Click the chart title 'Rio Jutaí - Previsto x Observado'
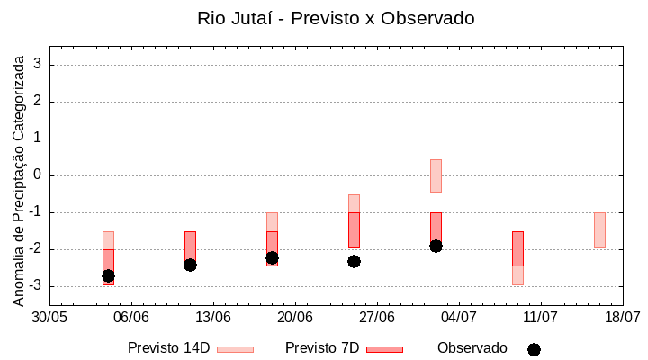pyautogui.click(x=336, y=18)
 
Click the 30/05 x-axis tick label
pyautogui.click(x=50, y=318)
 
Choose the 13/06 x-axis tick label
pyautogui.click(x=213, y=318)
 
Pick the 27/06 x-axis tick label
pyautogui.click(x=377, y=318)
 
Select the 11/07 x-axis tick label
pyautogui.click(x=541, y=318)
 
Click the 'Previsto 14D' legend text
pyautogui.click(x=168, y=348)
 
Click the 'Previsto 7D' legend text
pyautogui.click(x=321, y=348)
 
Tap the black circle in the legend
pyautogui.click(x=534, y=349)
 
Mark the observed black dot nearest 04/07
pyautogui.click(x=436, y=246)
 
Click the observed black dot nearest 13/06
pyautogui.click(x=190, y=265)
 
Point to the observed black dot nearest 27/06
pyautogui.click(x=354, y=261)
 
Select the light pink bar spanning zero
pyautogui.click(x=436, y=175)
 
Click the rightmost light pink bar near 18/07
pyautogui.click(x=599, y=230)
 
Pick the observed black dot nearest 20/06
pyautogui.click(x=272, y=257)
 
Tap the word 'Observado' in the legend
pyautogui.click(x=472, y=348)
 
